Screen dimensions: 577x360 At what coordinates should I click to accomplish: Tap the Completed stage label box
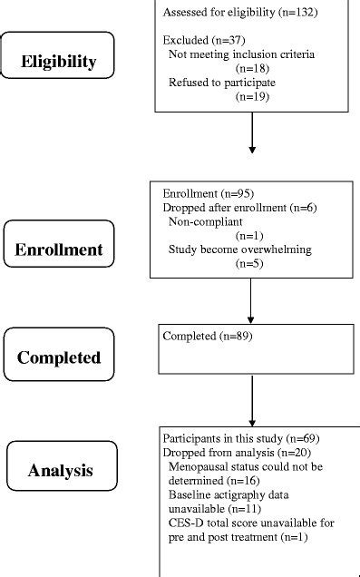coord(59,356)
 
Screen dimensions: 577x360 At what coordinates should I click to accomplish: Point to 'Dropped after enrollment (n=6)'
coord(228,207)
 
